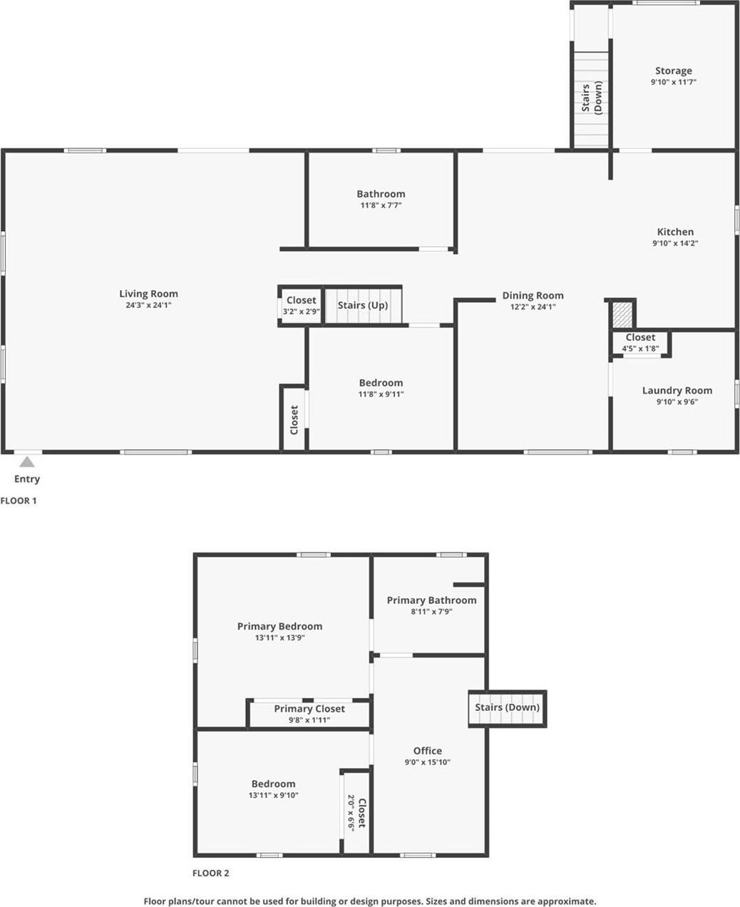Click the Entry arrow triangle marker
27,462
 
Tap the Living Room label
148,294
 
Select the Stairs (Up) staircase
363,305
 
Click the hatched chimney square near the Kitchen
622,314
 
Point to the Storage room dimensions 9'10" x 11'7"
673,83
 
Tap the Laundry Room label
677,390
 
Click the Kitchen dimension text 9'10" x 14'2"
675,243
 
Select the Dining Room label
533,295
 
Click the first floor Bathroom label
381,194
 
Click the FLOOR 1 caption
19,501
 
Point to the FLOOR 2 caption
211,873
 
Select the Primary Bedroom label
279,626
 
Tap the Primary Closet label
309,709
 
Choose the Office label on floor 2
428,751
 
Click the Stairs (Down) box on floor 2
507,708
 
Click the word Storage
673,71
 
